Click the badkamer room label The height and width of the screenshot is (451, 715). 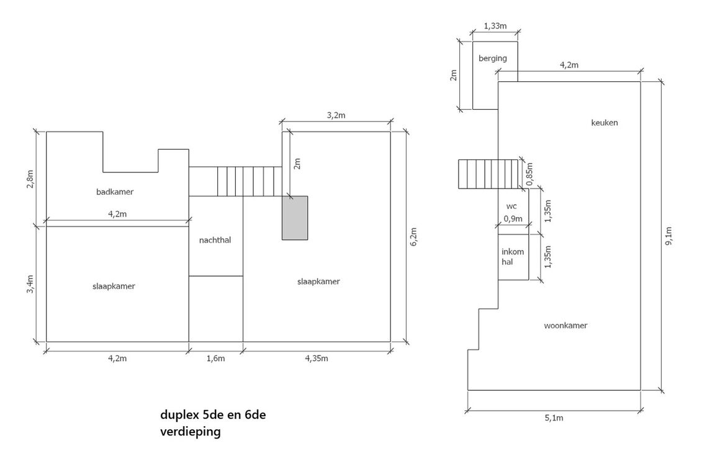[115, 192]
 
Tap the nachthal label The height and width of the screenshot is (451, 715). [215, 240]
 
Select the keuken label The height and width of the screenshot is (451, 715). [605, 123]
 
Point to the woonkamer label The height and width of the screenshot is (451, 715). [565, 325]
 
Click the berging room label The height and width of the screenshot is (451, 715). [492, 58]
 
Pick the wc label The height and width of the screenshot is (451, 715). [511, 207]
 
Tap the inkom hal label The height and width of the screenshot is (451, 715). [513, 256]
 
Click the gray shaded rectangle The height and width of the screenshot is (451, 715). [295, 218]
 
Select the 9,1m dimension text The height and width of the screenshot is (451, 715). [668, 236]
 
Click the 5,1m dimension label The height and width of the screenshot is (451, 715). [554, 418]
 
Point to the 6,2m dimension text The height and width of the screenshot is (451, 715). [413, 237]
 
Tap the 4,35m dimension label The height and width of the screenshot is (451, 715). [317, 358]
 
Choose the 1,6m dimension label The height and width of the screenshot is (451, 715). [216, 358]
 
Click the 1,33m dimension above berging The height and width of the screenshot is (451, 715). [495, 26]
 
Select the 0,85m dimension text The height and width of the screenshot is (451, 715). [529, 174]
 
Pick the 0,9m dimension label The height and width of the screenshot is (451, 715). [513, 218]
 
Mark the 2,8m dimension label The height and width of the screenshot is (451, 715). [30, 179]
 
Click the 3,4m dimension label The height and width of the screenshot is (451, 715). [30, 284]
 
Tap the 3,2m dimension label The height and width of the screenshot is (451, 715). [336, 115]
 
